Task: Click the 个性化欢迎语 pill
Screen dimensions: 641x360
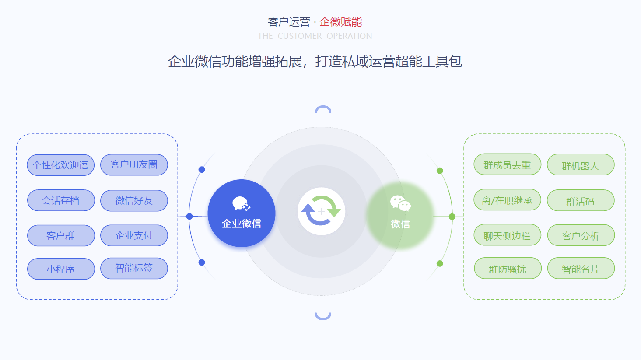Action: tap(61, 165)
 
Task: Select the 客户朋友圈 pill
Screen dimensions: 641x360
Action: tap(134, 164)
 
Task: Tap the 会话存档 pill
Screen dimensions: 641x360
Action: tap(61, 200)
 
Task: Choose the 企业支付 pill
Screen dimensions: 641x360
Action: tap(134, 235)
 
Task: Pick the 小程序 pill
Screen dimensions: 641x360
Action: tap(61, 269)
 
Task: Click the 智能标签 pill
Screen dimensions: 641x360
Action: tap(134, 268)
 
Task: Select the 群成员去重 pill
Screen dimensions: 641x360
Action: tap(507, 164)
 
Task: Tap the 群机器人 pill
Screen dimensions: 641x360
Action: tap(581, 165)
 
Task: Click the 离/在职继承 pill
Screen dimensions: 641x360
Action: tap(507, 200)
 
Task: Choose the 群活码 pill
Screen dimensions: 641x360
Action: tap(581, 200)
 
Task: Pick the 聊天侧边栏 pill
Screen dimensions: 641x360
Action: tap(507, 235)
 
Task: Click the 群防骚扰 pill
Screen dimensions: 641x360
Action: tap(508, 268)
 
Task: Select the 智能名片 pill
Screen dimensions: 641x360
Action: tap(581, 268)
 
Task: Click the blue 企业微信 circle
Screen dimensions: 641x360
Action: tap(242, 213)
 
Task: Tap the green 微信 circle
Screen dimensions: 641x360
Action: tap(400, 215)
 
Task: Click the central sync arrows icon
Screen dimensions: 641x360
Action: tap(321, 211)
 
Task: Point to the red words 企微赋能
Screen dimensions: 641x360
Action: tap(340, 22)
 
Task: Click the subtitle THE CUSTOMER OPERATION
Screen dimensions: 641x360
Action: tap(315, 36)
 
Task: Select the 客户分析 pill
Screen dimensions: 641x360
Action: tap(581, 235)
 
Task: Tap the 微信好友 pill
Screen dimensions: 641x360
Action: tap(134, 200)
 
